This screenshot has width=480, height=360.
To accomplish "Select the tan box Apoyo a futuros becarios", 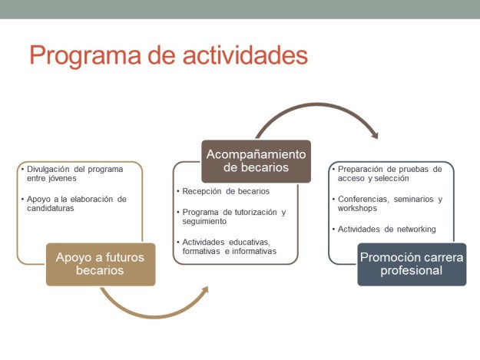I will tap(101, 264).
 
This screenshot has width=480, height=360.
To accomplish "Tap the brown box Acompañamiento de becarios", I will tap(256, 161).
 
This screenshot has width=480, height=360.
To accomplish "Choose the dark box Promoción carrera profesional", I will tap(412, 264).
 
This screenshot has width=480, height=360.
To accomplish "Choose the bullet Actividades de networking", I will tap(386, 229).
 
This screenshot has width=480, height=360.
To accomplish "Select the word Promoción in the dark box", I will tap(389, 257).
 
